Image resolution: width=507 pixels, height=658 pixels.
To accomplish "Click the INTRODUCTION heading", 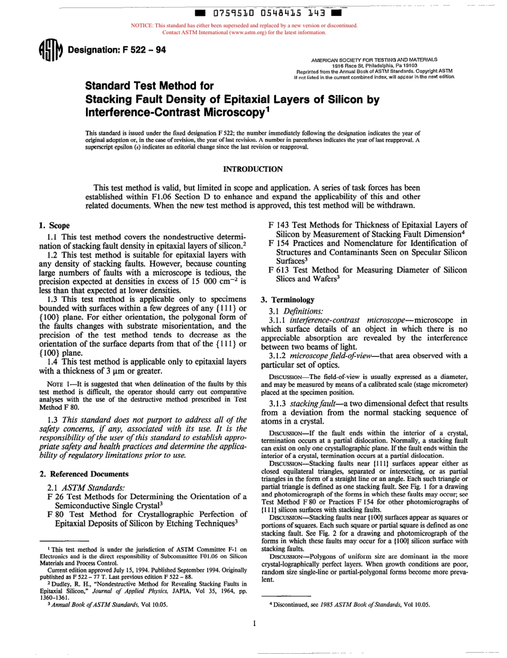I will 253,169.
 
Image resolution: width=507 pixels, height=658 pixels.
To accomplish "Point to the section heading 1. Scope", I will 54,226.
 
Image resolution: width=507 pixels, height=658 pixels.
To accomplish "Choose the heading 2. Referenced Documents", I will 84,474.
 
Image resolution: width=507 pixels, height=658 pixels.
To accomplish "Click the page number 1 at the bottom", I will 255,623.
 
